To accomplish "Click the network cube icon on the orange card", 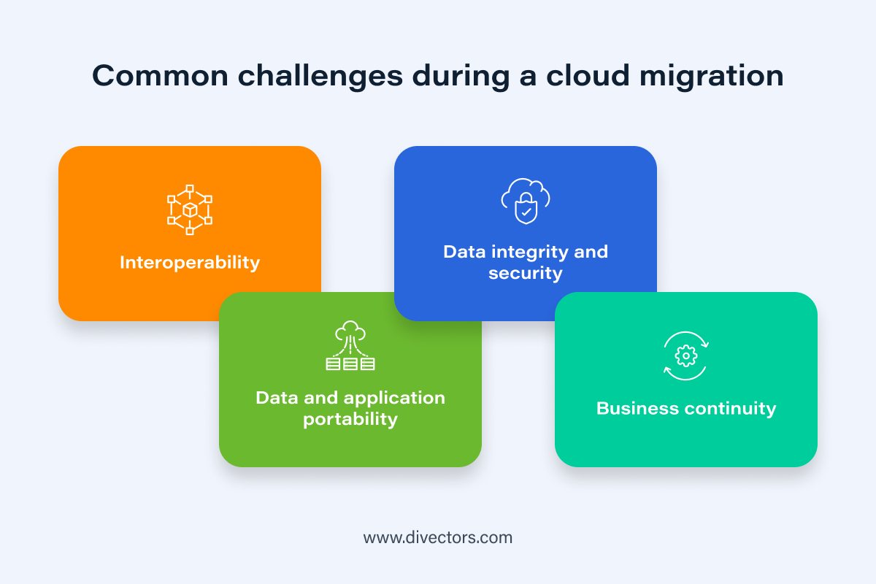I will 190,210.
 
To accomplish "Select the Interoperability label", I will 190,262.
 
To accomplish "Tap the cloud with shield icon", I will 526,201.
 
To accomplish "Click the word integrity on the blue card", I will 523,252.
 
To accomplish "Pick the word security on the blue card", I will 526,273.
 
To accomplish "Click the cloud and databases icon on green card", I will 350,346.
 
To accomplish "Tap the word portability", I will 350,419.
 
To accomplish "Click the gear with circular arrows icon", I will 686,356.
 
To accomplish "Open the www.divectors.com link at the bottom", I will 438,538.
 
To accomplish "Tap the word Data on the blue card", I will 464,252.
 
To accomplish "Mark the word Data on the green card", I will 277,398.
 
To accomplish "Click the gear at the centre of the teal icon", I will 686,356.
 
